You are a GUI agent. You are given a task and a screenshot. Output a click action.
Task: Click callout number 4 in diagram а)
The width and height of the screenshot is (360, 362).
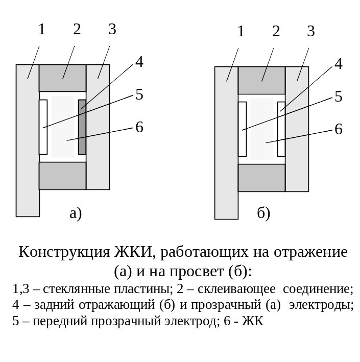coord(139,62)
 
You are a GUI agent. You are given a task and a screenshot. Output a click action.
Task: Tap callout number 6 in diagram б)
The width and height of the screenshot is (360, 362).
coord(339,129)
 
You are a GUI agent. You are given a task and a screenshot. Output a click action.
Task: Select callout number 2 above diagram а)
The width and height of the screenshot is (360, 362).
coord(77,29)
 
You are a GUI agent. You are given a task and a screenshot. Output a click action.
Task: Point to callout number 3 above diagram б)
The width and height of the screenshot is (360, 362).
coord(311,31)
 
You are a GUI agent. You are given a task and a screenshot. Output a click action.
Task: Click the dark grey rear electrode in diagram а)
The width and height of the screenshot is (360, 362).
coord(82,127)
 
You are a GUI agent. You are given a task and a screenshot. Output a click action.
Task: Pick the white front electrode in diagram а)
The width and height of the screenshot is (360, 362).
coord(43,127)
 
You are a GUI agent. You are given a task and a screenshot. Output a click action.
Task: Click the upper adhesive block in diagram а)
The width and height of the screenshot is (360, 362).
coord(63,78)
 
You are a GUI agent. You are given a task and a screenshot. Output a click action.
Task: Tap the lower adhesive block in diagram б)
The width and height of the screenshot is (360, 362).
coord(261,178)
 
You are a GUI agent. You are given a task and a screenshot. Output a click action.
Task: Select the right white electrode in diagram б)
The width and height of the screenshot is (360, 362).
coord(281,129)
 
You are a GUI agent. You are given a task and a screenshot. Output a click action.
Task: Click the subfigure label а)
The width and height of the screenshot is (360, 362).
coord(76,213)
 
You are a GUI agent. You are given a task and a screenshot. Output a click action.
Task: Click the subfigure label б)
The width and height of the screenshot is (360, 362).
coord(263,213)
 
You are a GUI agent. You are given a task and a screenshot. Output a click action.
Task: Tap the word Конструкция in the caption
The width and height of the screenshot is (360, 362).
coord(64,252)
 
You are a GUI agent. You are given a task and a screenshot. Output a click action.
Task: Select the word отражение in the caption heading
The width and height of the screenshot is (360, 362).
coord(310,252)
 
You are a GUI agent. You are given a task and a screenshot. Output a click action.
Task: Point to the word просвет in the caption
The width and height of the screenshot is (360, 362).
coord(197,272)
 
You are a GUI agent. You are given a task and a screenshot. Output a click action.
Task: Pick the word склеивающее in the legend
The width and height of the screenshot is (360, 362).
coord(236,289)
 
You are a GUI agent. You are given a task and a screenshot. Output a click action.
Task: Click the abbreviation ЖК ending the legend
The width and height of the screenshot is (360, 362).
coord(253,321)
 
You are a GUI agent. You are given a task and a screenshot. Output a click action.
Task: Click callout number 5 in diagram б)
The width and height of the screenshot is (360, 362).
coord(339,96)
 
